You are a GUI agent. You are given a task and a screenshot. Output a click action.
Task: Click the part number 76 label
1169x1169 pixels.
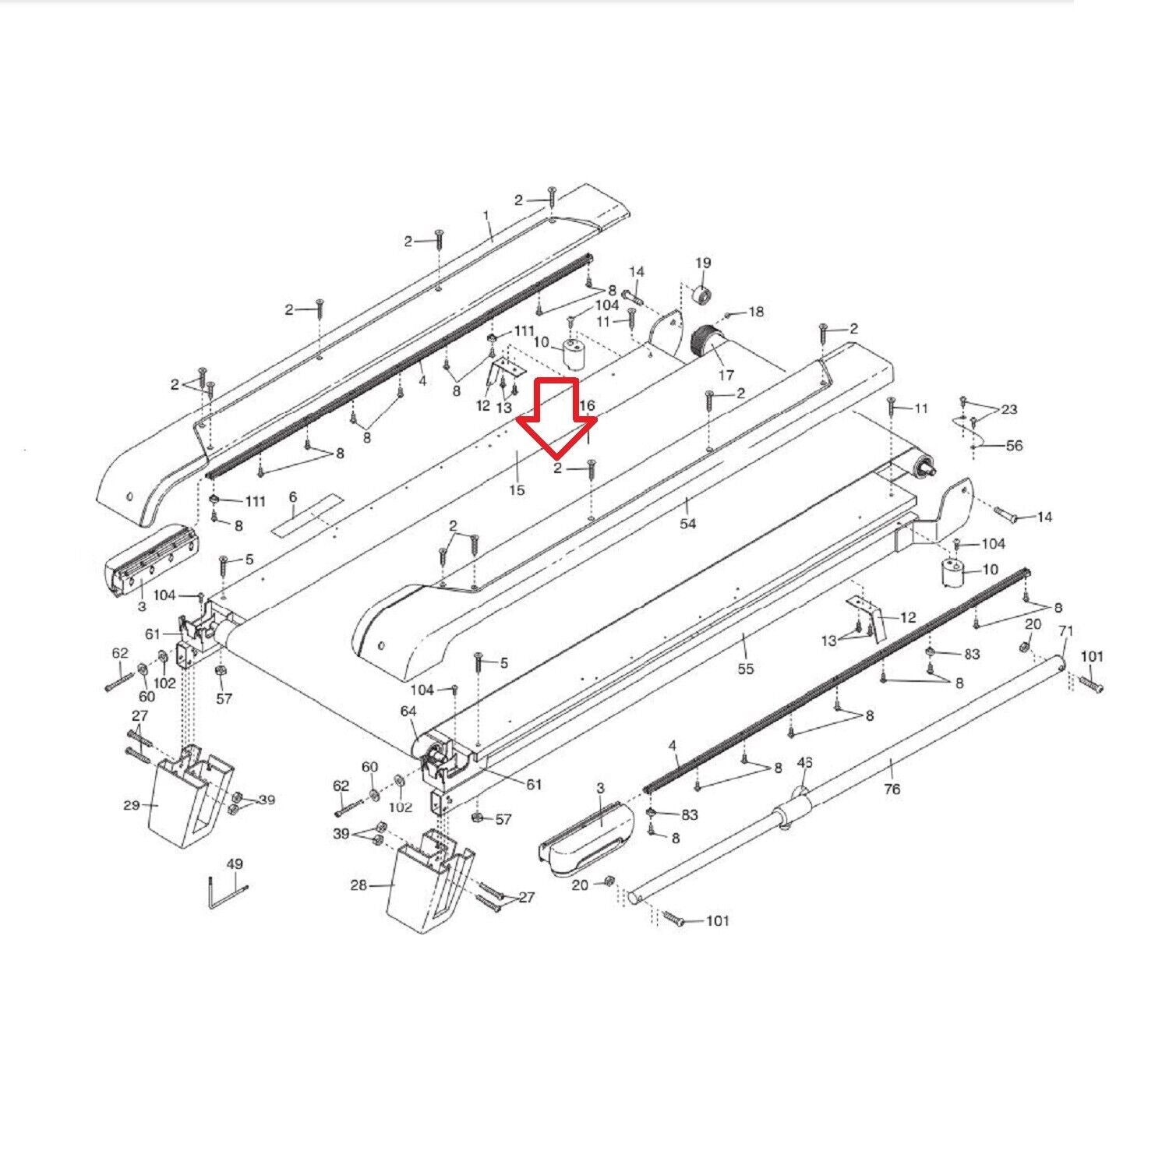892,789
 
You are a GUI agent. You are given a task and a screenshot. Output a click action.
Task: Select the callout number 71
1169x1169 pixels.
1067,630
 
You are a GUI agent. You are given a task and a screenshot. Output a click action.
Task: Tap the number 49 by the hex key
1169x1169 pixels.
234,864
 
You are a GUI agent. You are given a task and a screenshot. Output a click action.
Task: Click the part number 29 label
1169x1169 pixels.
132,805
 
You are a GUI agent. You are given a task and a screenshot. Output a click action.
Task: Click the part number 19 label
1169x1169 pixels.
703,263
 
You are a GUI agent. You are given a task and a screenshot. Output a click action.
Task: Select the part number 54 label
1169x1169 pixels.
687,524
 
